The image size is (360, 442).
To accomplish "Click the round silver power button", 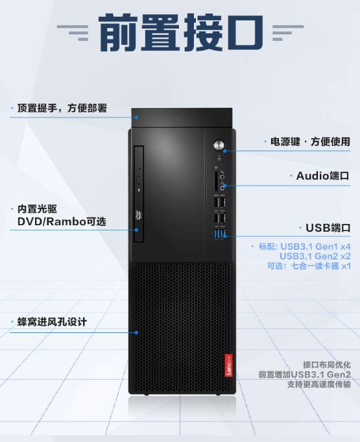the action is (219, 145).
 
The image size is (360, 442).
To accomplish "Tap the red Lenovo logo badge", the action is (229, 365).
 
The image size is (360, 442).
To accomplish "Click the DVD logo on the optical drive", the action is (139, 215).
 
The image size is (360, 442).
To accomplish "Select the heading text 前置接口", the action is (181, 32).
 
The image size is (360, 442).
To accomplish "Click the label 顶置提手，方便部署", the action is (62, 108).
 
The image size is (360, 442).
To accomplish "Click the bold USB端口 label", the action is (328, 228).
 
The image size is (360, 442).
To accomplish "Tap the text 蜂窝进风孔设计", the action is (52, 322).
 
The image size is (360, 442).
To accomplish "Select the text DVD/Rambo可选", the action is (62, 221).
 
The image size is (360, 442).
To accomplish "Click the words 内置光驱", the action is (37, 209).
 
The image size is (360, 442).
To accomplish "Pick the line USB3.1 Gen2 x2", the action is (315, 256).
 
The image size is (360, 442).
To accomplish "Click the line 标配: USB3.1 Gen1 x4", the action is (305, 247).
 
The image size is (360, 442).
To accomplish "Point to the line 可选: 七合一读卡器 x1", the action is (309, 266).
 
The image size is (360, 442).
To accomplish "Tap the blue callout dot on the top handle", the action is (137, 117).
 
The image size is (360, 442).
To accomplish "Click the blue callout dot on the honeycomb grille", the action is (137, 332).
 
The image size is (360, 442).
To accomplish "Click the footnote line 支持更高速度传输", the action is (319, 384).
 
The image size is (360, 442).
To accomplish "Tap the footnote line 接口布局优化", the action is (327, 365).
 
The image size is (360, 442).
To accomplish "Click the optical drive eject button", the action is (139, 180).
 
